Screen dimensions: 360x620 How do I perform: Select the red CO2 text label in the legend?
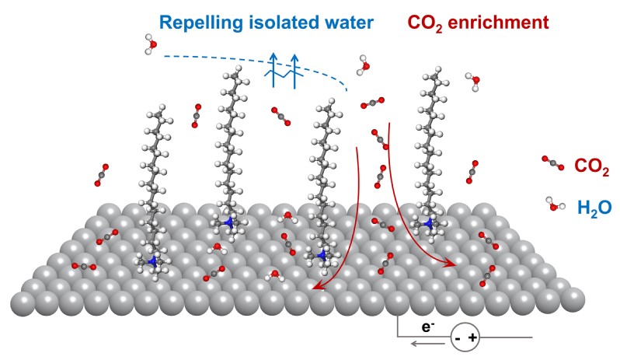coord(591,166)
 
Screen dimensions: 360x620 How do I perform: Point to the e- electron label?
coord(428,320)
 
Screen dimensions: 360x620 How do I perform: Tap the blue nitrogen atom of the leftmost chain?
coord(152,261)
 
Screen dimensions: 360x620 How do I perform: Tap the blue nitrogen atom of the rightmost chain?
coord(428,224)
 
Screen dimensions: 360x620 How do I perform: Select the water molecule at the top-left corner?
coord(151,44)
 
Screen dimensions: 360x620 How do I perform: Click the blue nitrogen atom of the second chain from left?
coord(228,223)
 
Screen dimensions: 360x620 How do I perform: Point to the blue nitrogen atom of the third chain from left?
coord(322,254)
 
